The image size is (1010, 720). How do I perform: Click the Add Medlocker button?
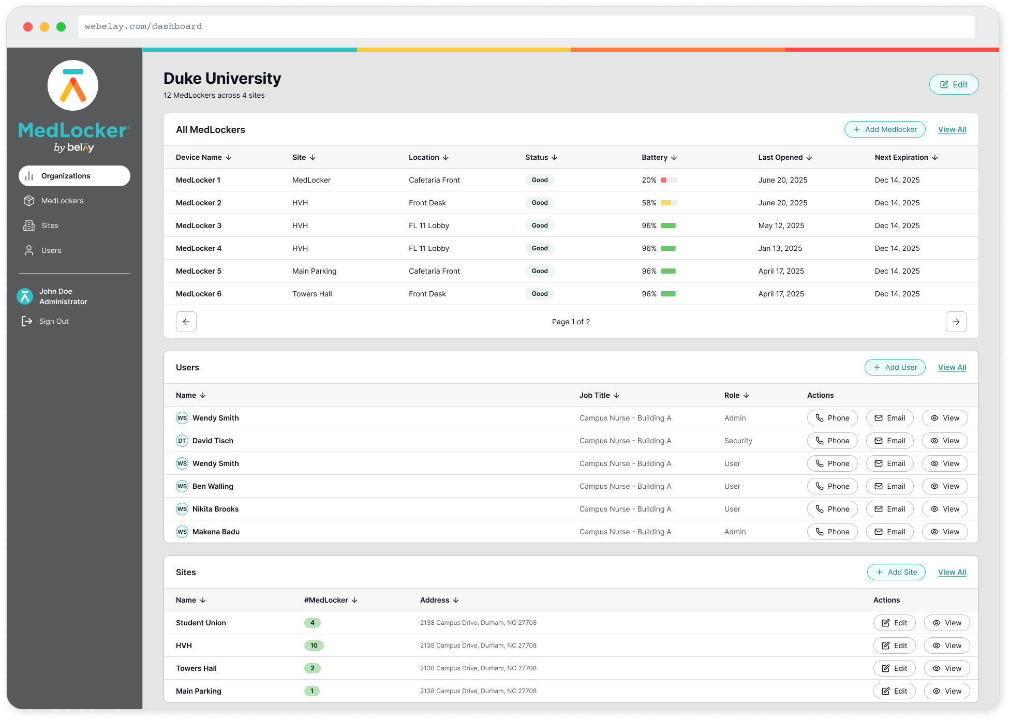pos(885,129)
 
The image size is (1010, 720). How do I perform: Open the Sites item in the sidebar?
pos(50,226)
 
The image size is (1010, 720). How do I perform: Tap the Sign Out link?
pos(53,321)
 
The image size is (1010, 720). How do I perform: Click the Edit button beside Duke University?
pos(954,84)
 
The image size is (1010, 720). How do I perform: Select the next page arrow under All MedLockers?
pos(956,322)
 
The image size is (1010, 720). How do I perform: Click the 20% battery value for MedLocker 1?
pos(649,180)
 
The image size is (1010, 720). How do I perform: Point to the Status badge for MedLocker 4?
pos(539,248)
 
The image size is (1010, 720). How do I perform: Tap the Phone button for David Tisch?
pos(832,441)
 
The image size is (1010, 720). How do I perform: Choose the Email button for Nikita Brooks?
pos(889,509)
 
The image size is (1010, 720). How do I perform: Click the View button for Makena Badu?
pos(944,532)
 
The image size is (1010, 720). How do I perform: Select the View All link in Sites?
pos(952,572)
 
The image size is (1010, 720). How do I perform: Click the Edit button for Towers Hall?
pos(894,668)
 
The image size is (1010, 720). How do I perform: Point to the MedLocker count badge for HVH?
pos(314,646)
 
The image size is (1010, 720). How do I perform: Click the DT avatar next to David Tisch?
pos(182,441)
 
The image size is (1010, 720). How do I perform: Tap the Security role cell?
pos(738,441)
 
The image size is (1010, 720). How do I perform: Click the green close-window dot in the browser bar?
pos(61,27)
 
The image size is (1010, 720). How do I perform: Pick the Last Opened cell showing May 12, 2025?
pos(781,226)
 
